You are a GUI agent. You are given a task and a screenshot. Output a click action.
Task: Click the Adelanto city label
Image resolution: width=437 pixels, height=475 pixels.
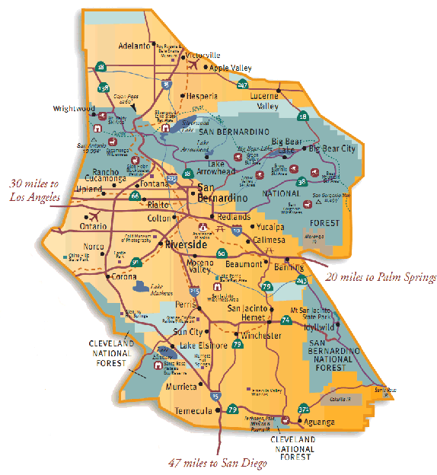[135, 46]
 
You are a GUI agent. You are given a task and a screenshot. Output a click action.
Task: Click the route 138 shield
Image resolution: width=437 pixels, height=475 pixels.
[104, 88]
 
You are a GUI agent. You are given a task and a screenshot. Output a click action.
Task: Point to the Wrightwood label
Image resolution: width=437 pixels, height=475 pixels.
[72, 109]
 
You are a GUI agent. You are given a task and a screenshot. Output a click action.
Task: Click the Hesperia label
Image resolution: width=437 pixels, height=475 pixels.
[201, 97]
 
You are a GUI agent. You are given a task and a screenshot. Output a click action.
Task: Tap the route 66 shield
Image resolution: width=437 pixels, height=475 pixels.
[135, 196]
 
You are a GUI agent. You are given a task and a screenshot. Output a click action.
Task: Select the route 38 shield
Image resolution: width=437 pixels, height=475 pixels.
[301, 181]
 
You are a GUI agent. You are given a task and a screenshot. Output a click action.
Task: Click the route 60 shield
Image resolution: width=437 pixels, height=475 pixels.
[221, 254]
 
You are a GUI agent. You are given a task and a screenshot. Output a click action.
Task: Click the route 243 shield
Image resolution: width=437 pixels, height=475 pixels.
[301, 282]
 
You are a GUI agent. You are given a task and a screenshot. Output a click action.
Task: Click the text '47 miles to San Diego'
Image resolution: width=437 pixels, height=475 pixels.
[218, 462]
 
